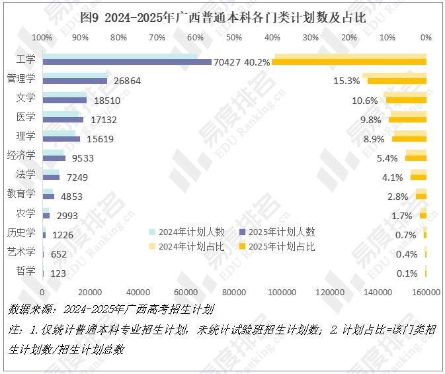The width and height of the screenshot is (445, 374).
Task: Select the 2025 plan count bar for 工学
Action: pyautogui.click(x=127, y=62)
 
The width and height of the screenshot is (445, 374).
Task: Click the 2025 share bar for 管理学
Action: pyautogui.click(x=397, y=81)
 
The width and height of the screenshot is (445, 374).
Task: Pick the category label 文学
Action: pyautogui.click(x=26, y=98)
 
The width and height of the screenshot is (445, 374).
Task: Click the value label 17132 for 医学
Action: pyautogui.click(x=104, y=120)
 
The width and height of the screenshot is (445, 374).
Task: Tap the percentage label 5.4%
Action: pyautogui.click(x=387, y=158)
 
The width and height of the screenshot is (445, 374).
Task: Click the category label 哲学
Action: pyautogui.click(x=26, y=271)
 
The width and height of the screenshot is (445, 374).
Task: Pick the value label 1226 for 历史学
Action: pyautogui.click(x=63, y=235)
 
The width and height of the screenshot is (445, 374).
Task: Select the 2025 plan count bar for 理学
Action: pyautogui.click(x=61, y=139)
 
